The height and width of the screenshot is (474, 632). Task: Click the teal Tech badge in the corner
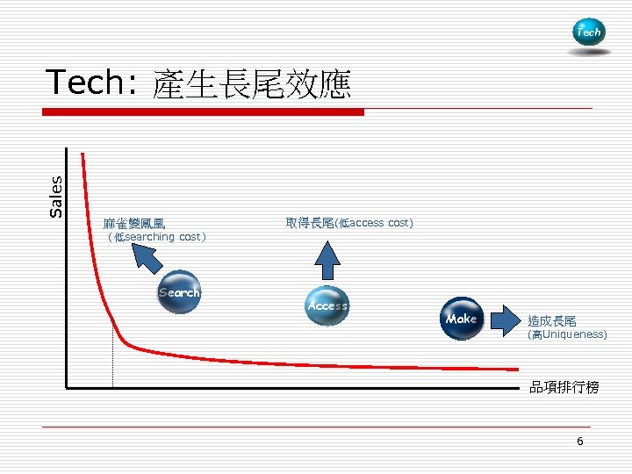588,32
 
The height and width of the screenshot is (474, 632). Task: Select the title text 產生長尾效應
251,84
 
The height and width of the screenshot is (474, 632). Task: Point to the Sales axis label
56,196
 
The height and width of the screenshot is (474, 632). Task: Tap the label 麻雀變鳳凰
133,225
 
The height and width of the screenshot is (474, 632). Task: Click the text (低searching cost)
155,237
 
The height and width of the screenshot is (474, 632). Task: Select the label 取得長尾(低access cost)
349,223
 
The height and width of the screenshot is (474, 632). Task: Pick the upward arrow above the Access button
327,260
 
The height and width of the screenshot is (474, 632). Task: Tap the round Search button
180,293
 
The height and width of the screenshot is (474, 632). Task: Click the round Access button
327,306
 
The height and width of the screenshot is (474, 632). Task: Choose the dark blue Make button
461,319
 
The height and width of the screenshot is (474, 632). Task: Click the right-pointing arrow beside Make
505,320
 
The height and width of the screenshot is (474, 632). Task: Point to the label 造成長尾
552,321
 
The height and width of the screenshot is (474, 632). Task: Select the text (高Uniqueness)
567,334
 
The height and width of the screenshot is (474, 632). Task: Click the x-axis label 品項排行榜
564,387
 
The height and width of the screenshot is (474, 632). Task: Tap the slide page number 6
579,442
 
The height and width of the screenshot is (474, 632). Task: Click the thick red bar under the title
204,112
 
